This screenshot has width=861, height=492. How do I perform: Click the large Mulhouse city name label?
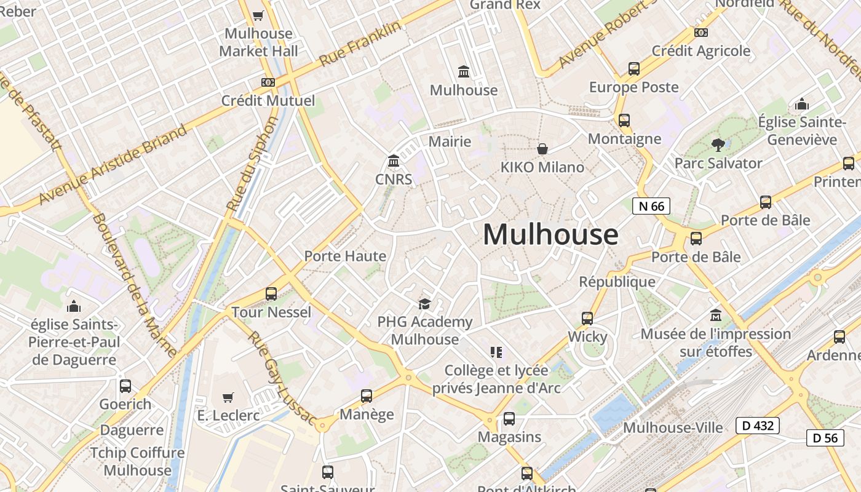[x=550, y=234]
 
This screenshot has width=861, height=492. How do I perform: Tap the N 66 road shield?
[x=651, y=206]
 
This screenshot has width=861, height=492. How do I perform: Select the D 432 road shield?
[x=758, y=425]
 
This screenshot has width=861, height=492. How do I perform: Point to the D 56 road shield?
[x=825, y=438]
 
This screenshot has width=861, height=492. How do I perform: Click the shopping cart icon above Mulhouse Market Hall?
[x=258, y=16]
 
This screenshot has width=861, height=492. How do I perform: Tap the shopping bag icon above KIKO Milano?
[x=542, y=149]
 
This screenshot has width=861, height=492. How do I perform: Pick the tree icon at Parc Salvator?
[x=718, y=145]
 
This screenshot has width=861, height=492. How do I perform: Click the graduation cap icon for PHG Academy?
[x=424, y=304]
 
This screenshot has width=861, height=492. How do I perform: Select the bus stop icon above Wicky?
[x=587, y=319]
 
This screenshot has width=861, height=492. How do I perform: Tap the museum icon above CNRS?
[x=394, y=161]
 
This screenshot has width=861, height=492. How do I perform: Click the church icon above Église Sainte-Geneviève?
[x=801, y=104]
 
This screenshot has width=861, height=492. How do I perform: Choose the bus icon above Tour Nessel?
[x=271, y=294]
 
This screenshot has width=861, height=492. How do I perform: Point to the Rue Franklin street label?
[x=360, y=44]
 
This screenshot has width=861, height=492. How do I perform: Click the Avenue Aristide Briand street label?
[x=113, y=165]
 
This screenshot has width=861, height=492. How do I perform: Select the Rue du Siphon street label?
[x=253, y=164]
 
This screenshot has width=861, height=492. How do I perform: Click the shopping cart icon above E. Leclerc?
[x=228, y=397]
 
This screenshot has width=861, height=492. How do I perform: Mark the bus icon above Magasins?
[x=509, y=419]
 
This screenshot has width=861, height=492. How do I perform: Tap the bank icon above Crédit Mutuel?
[x=268, y=82]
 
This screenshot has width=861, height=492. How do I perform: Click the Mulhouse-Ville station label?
[x=673, y=427]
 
